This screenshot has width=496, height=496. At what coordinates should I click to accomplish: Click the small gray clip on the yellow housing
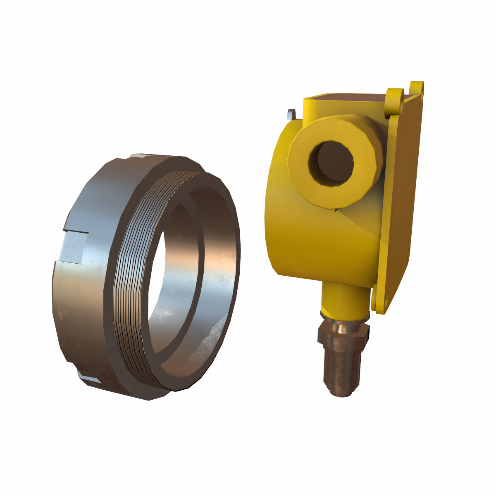292,113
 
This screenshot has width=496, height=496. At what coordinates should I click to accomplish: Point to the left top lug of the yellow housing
395,99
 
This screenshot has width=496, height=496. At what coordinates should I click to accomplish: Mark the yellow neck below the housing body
343,300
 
